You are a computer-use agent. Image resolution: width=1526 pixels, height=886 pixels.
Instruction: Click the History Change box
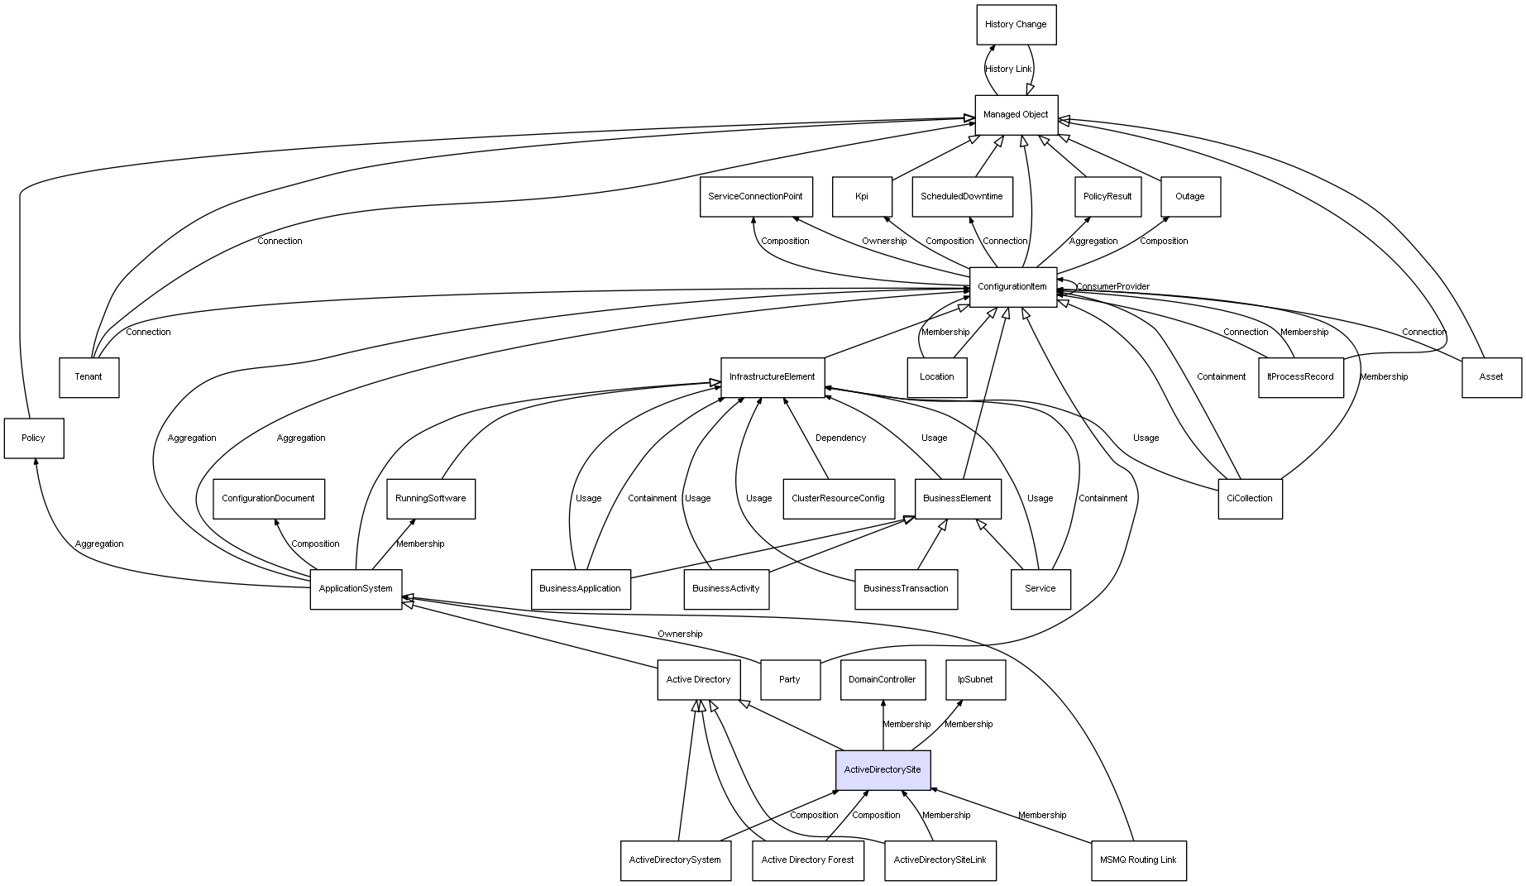(x=1016, y=25)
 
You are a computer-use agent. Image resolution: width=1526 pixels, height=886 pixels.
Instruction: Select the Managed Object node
(x=1016, y=115)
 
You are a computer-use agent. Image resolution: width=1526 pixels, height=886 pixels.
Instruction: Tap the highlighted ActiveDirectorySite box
(x=883, y=770)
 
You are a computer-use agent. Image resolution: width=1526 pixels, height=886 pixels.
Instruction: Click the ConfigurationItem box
(x=1012, y=287)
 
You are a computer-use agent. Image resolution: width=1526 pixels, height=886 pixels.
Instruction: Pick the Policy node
(x=33, y=438)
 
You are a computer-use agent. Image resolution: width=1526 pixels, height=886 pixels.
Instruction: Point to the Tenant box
(x=88, y=377)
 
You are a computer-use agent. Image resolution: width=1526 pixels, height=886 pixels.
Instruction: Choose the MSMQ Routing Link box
(x=1138, y=860)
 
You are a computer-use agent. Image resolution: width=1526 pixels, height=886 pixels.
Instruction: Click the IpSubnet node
(x=975, y=680)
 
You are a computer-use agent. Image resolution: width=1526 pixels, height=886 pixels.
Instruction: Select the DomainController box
(x=883, y=680)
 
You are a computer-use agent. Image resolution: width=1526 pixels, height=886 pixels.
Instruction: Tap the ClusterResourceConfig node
(x=838, y=499)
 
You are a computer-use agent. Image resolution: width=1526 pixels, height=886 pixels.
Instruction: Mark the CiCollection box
(x=1250, y=499)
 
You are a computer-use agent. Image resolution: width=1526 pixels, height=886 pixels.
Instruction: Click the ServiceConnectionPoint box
(x=756, y=197)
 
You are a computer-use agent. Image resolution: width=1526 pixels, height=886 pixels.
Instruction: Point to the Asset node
(x=1491, y=377)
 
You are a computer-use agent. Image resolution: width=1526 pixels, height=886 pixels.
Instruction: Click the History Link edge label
(x=1008, y=69)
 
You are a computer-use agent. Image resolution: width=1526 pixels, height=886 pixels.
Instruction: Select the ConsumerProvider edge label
(x=1112, y=287)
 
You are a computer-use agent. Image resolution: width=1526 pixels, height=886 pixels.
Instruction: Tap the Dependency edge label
(x=840, y=438)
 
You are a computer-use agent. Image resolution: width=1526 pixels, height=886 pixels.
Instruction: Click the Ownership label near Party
(x=680, y=635)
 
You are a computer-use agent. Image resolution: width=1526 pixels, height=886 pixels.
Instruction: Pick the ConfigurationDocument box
(x=268, y=499)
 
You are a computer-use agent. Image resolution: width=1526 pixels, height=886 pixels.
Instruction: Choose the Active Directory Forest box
(x=807, y=860)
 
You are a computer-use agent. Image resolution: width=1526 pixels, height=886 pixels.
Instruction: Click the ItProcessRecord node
(x=1300, y=377)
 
